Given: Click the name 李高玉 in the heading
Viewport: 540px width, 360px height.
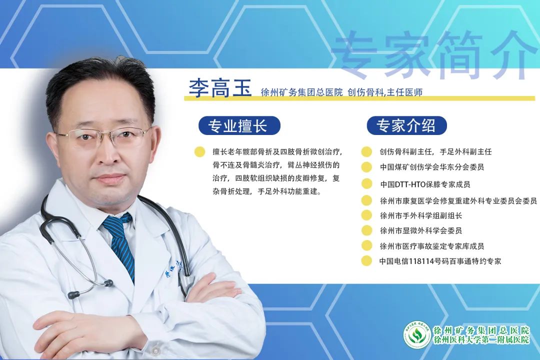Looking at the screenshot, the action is [x=220, y=88].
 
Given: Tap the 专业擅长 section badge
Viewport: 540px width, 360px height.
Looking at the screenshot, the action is [x=239, y=125].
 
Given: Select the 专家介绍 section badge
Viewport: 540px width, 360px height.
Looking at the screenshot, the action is [x=406, y=125].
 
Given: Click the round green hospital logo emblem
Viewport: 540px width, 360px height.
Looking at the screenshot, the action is [x=417, y=334].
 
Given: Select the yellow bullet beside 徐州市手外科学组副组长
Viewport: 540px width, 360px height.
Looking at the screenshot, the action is [x=366, y=215].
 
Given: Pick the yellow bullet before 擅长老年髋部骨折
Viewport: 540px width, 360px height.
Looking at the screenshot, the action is [x=199, y=152].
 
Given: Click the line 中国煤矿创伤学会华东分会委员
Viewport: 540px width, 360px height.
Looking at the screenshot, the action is [x=432, y=167].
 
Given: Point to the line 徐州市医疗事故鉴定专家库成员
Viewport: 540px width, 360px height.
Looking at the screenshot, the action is [x=432, y=246].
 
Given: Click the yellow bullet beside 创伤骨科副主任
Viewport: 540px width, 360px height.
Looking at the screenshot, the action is [x=366, y=152].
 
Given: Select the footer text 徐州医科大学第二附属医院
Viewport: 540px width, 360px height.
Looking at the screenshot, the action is [x=481, y=339].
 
